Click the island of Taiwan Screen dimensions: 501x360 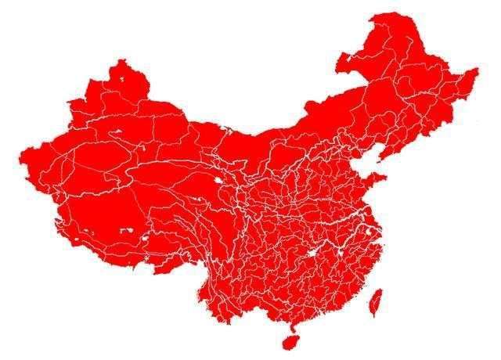click(375, 304)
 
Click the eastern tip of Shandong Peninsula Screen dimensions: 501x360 click(385, 178)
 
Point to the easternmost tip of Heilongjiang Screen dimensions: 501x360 click(477, 72)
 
